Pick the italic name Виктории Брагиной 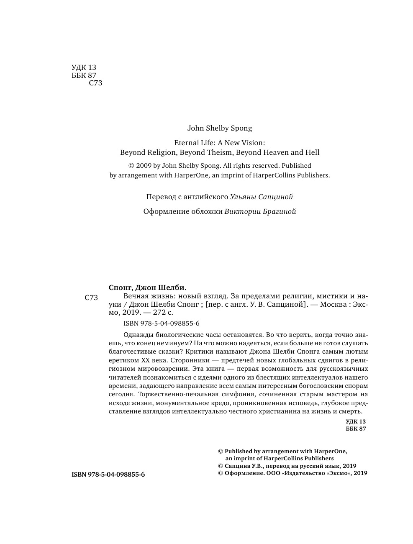click(x=260, y=212)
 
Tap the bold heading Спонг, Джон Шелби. click(x=147, y=287)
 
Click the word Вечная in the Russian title click(x=135, y=296)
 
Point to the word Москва click(x=332, y=305)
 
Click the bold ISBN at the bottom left click(x=108, y=474)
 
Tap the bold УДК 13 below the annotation click(x=356, y=422)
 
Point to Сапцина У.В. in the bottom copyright click(x=242, y=466)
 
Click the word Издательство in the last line click(x=302, y=473)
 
